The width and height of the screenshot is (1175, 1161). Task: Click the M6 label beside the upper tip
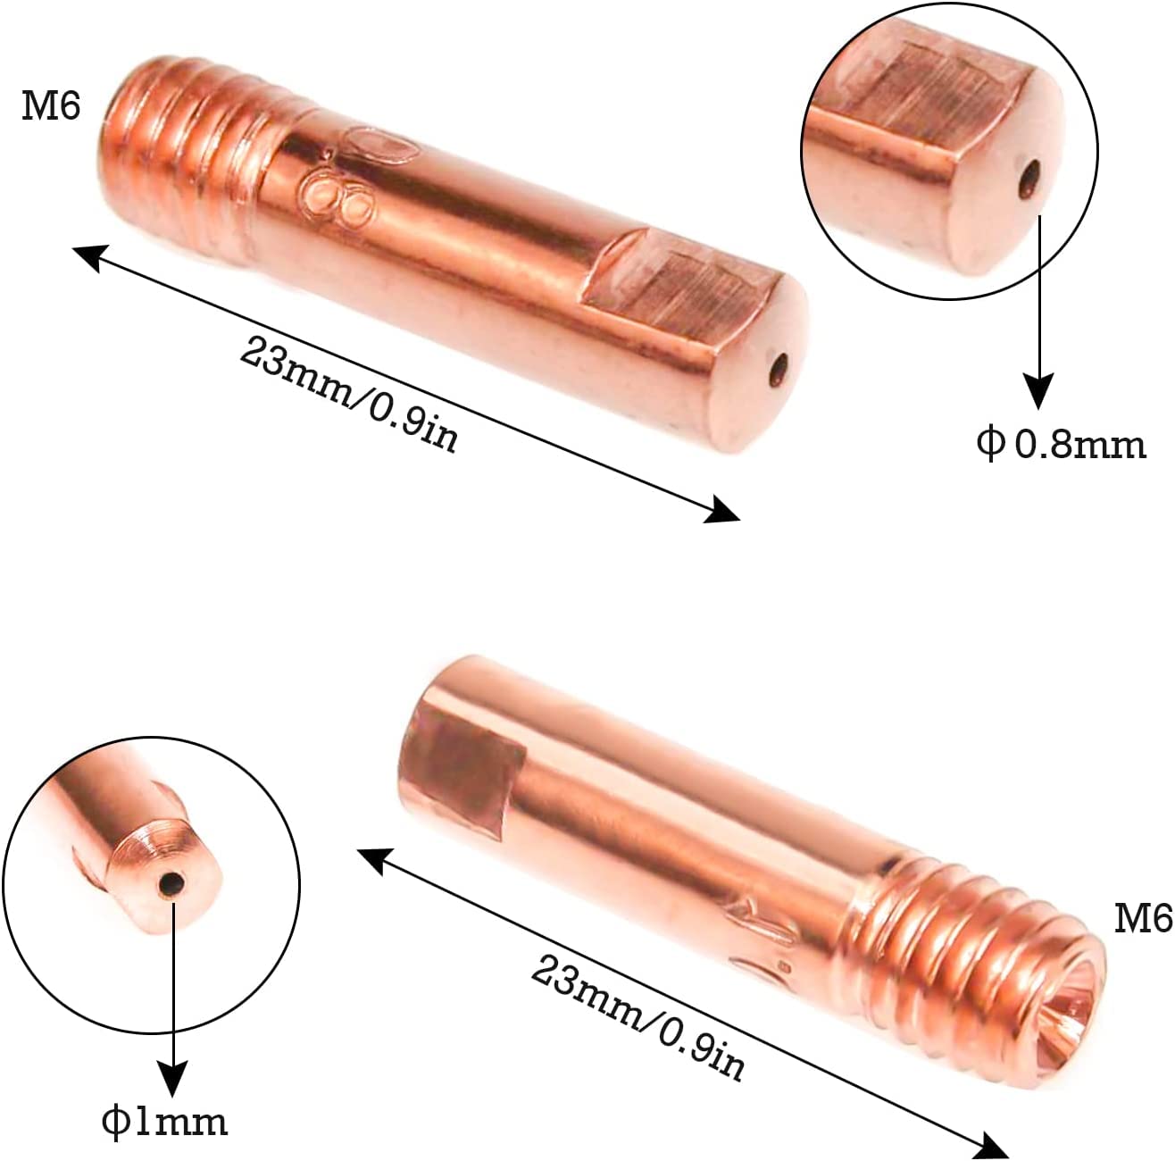point(51,106)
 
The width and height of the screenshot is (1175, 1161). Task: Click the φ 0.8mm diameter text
point(1061,445)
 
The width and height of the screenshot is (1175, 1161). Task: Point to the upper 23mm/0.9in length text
point(348,395)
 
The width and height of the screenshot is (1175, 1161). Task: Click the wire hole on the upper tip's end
point(779,371)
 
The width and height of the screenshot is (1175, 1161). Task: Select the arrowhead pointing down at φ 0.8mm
point(1039,392)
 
